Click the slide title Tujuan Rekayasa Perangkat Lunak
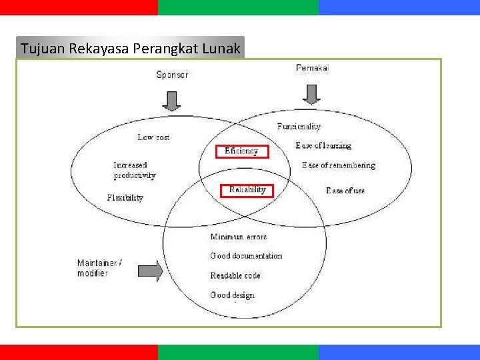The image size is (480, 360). click(x=130, y=48)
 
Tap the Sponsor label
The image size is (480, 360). click(x=172, y=75)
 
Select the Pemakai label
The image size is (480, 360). click(x=312, y=67)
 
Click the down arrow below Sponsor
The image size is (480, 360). click(x=172, y=100)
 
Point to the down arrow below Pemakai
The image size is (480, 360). click(x=311, y=94)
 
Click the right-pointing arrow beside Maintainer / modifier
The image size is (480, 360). click(x=150, y=271)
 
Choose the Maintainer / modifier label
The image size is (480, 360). click(x=99, y=268)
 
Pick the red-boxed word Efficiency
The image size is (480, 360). click(x=241, y=151)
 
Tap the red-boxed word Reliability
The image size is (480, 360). click(x=247, y=190)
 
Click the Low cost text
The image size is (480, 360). click(x=154, y=137)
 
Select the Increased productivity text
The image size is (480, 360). click(x=134, y=170)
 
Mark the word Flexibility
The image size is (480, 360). click(x=125, y=198)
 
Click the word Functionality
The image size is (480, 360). click(x=299, y=126)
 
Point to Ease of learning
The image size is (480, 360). click(x=323, y=145)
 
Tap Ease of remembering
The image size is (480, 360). click(x=339, y=165)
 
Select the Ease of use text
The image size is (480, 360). click(x=345, y=191)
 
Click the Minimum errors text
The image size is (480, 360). click(x=239, y=237)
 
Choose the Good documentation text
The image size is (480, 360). click(x=246, y=256)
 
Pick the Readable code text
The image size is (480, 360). click(x=235, y=275)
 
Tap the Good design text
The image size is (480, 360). click(x=233, y=295)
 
